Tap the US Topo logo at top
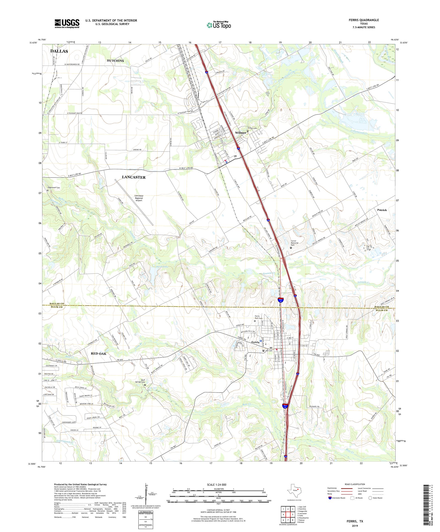coord(219,25)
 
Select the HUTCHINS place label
coord(115,61)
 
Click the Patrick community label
coord(382,210)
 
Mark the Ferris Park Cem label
coord(258,317)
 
